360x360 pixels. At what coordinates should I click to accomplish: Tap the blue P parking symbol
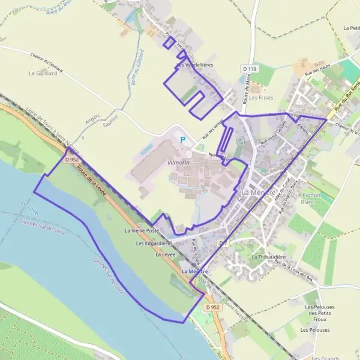point(183,140)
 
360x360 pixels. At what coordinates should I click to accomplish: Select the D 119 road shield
point(251,69)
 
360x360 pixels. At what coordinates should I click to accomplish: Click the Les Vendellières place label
point(194,64)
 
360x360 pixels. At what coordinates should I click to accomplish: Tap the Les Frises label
point(261,97)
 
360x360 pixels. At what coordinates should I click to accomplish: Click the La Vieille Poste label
point(142,230)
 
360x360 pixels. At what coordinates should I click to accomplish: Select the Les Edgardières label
point(154,244)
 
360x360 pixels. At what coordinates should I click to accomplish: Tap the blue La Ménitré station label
point(194,272)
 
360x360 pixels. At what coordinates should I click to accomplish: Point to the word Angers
point(92,119)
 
